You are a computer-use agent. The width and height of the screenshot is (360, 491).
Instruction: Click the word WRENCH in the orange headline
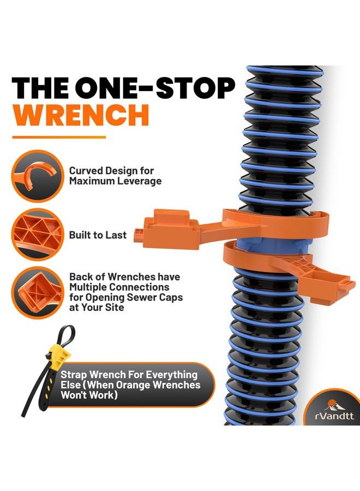tap(81, 115)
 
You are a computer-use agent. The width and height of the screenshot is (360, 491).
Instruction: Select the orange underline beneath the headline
tap(59, 137)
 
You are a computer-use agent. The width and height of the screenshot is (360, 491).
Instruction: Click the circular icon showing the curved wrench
tap(38, 176)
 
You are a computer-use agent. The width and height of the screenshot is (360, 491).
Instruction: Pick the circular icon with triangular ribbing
tap(38, 234)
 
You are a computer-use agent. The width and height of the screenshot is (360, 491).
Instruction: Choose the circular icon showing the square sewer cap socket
tap(38, 293)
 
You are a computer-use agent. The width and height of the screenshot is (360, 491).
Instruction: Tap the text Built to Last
tap(98, 235)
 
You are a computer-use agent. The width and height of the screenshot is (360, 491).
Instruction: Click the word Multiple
tap(91, 287)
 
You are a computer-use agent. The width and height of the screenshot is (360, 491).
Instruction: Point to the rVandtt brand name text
tap(334, 416)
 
